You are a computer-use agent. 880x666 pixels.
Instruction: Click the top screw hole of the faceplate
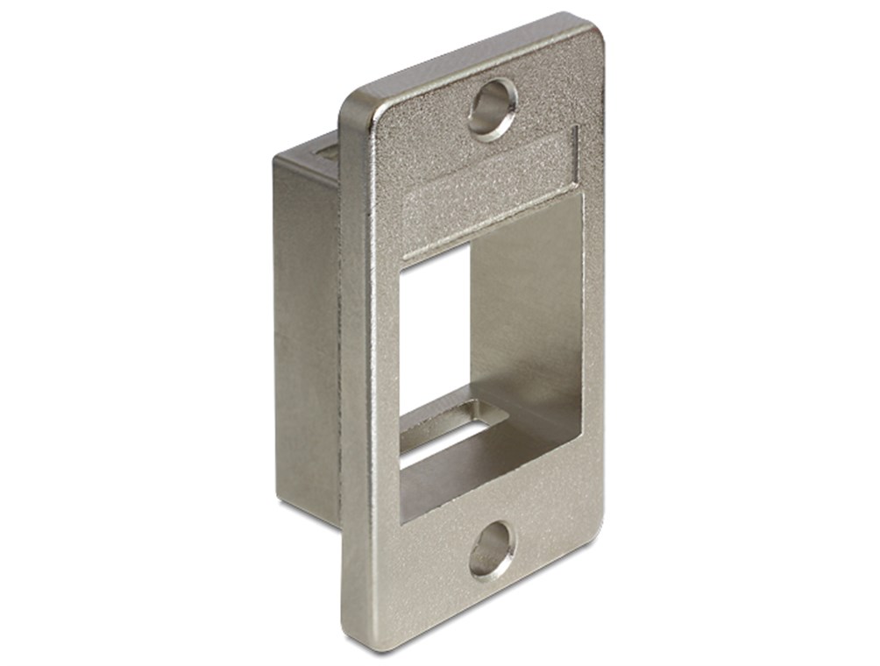[x=492, y=110]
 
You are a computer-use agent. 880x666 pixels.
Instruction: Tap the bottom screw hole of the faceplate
[x=491, y=549]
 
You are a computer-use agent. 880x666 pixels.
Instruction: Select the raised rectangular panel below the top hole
[x=489, y=181]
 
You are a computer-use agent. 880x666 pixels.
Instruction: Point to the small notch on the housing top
[x=326, y=149]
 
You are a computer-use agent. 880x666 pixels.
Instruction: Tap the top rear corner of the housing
[x=279, y=159]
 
